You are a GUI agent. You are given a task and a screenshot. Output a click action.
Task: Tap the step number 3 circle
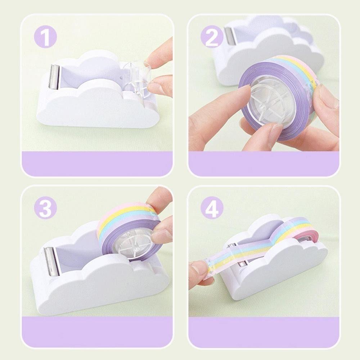pyautogui.click(x=45, y=208)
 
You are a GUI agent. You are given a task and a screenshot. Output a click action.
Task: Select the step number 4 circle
pyautogui.click(x=211, y=208)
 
